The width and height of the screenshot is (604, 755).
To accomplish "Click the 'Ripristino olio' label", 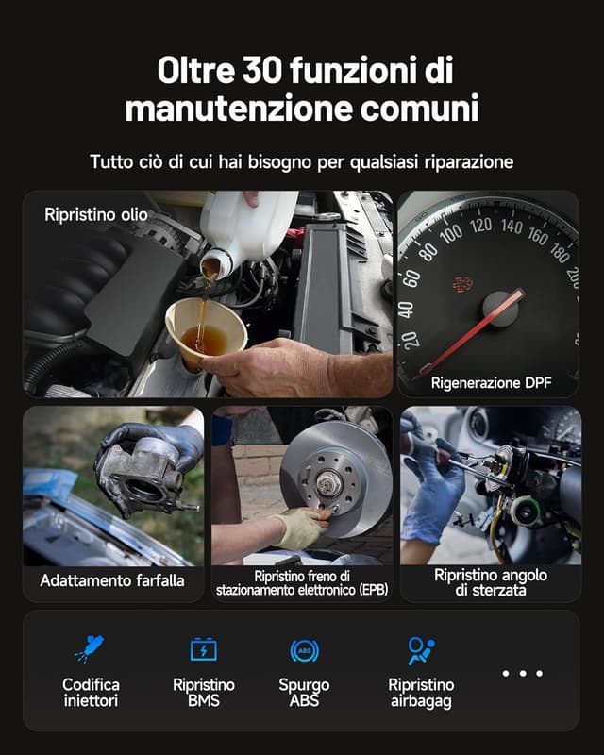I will [x=95, y=215].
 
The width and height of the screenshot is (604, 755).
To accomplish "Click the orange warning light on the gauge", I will [x=461, y=284].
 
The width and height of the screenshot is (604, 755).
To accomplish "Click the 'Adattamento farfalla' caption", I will [x=112, y=580].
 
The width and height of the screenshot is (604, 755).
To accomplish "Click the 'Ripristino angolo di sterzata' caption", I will [x=490, y=581].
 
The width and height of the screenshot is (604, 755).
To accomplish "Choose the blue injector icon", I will [x=90, y=649].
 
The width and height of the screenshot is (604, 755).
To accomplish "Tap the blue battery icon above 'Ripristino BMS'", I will [x=203, y=649].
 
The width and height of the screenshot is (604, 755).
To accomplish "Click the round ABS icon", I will [x=304, y=650].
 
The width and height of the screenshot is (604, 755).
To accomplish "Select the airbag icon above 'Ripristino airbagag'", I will [x=420, y=650].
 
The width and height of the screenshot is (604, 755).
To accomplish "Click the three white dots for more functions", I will [x=522, y=673].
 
